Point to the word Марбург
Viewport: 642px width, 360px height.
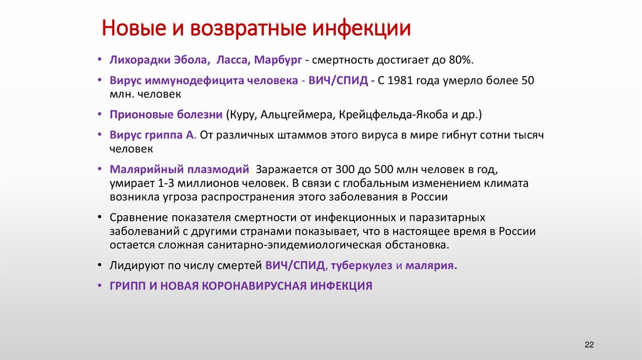point(279,60)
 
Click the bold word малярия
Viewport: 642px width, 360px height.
point(431,265)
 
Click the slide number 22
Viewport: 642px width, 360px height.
point(589,346)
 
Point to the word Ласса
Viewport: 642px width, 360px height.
point(234,60)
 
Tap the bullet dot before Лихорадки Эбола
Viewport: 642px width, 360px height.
point(100,60)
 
